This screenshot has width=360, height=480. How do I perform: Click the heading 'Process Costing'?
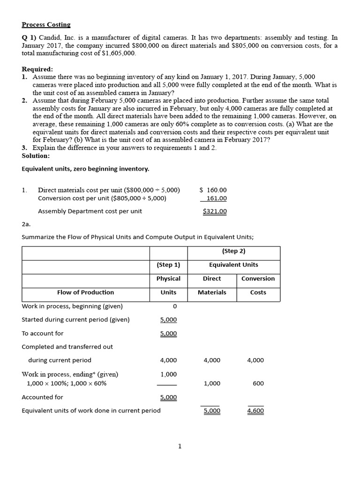click(x=46, y=24)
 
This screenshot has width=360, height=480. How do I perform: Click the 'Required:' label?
click(x=37, y=69)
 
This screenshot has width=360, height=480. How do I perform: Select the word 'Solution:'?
click(x=36, y=156)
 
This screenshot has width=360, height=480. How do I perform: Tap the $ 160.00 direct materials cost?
click(x=213, y=190)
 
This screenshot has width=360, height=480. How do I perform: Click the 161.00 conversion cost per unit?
click(x=217, y=198)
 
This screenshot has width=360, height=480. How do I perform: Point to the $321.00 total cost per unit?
click(x=215, y=211)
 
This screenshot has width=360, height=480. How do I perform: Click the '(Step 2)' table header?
click(x=233, y=251)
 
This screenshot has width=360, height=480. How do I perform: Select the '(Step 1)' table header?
click(x=168, y=265)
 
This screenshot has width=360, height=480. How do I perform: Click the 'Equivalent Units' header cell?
click(x=233, y=265)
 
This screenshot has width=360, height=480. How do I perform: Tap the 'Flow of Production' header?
click(x=85, y=292)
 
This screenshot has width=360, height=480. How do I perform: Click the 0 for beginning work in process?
click(x=174, y=306)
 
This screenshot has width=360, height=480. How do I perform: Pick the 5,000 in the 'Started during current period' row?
click(x=168, y=320)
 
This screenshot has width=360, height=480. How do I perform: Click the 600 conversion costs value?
click(x=258, y=383)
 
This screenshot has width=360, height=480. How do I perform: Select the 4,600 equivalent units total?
click(x=255, y=411)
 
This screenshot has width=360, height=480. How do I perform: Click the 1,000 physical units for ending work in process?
click(x=168, y=374)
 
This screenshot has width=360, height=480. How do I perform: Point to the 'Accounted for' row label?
click(x=42, y=397)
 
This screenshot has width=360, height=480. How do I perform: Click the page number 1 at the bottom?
click(x=180, y=446)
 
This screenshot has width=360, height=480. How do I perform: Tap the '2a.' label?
click(x=26, y=225)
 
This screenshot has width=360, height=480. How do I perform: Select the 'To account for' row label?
click(x=43, y=333)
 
